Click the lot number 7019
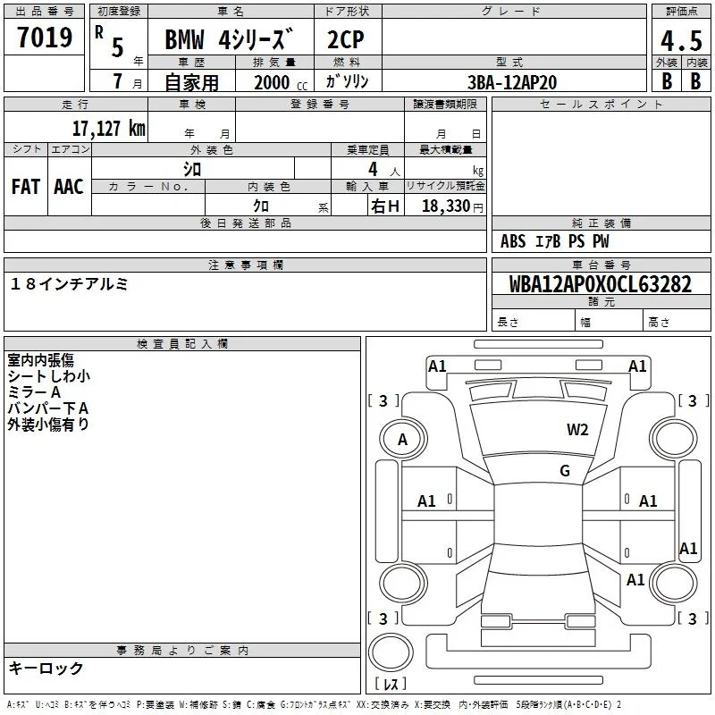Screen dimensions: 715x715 [45, 37]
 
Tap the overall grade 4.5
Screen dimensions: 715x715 [681, 40]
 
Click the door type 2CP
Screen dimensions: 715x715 [346, 39]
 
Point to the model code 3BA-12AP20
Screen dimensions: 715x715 [512, 82]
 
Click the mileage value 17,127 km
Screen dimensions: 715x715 [108, 128]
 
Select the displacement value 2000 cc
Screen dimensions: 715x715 [281, 82]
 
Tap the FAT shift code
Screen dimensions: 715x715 [26, 187]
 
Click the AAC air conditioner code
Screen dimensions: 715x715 [69, 187]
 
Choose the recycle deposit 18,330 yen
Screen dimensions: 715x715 [452, 206]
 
